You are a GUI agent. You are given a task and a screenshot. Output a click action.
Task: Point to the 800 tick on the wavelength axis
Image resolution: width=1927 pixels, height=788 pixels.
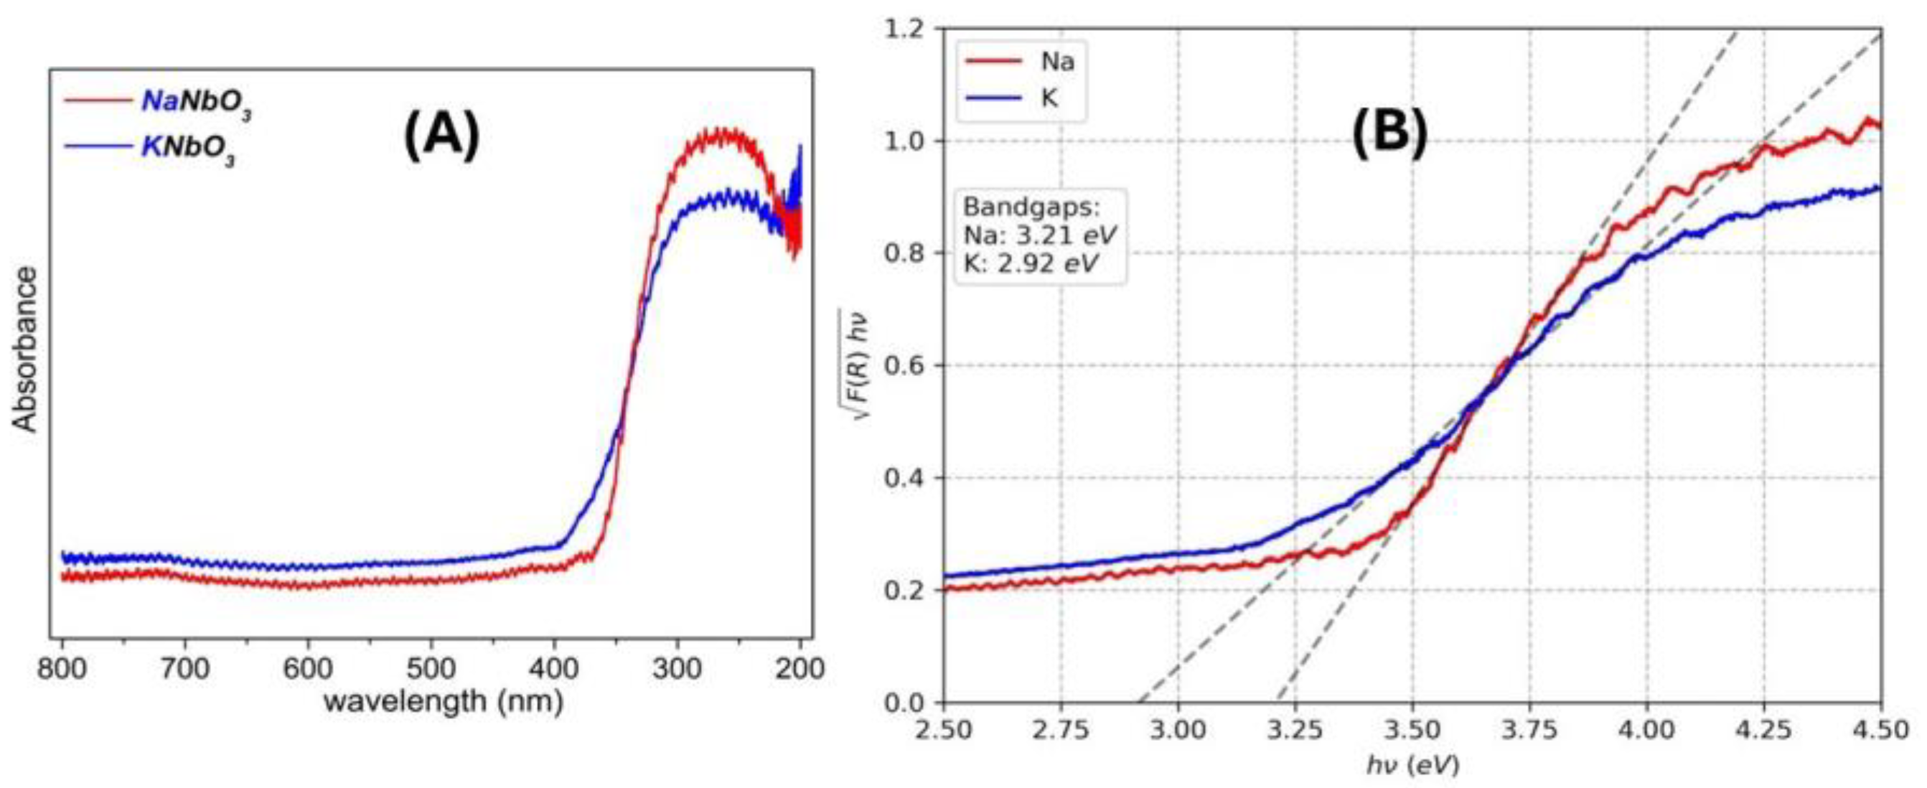coord(62,668)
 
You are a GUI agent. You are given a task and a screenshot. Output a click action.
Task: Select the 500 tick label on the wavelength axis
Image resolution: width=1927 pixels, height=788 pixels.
coord(431,668)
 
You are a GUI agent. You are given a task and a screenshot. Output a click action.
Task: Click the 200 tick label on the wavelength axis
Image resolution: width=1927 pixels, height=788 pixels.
coord(800,668)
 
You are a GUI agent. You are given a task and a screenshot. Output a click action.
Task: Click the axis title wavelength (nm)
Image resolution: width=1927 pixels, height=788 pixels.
coord(443,702)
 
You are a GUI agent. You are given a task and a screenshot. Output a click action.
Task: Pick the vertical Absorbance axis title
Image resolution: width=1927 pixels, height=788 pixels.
coord(26,350)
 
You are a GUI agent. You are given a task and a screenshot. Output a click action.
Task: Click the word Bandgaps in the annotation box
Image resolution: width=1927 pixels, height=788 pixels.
coord(1032,207)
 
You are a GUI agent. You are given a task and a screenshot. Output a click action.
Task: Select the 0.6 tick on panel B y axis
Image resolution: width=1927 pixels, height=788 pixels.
coord(906,366)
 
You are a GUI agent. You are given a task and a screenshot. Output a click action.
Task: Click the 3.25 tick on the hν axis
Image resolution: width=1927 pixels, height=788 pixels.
coord(1295,729)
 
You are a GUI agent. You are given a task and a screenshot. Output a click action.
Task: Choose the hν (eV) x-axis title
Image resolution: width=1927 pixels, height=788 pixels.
coord(1412,765)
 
